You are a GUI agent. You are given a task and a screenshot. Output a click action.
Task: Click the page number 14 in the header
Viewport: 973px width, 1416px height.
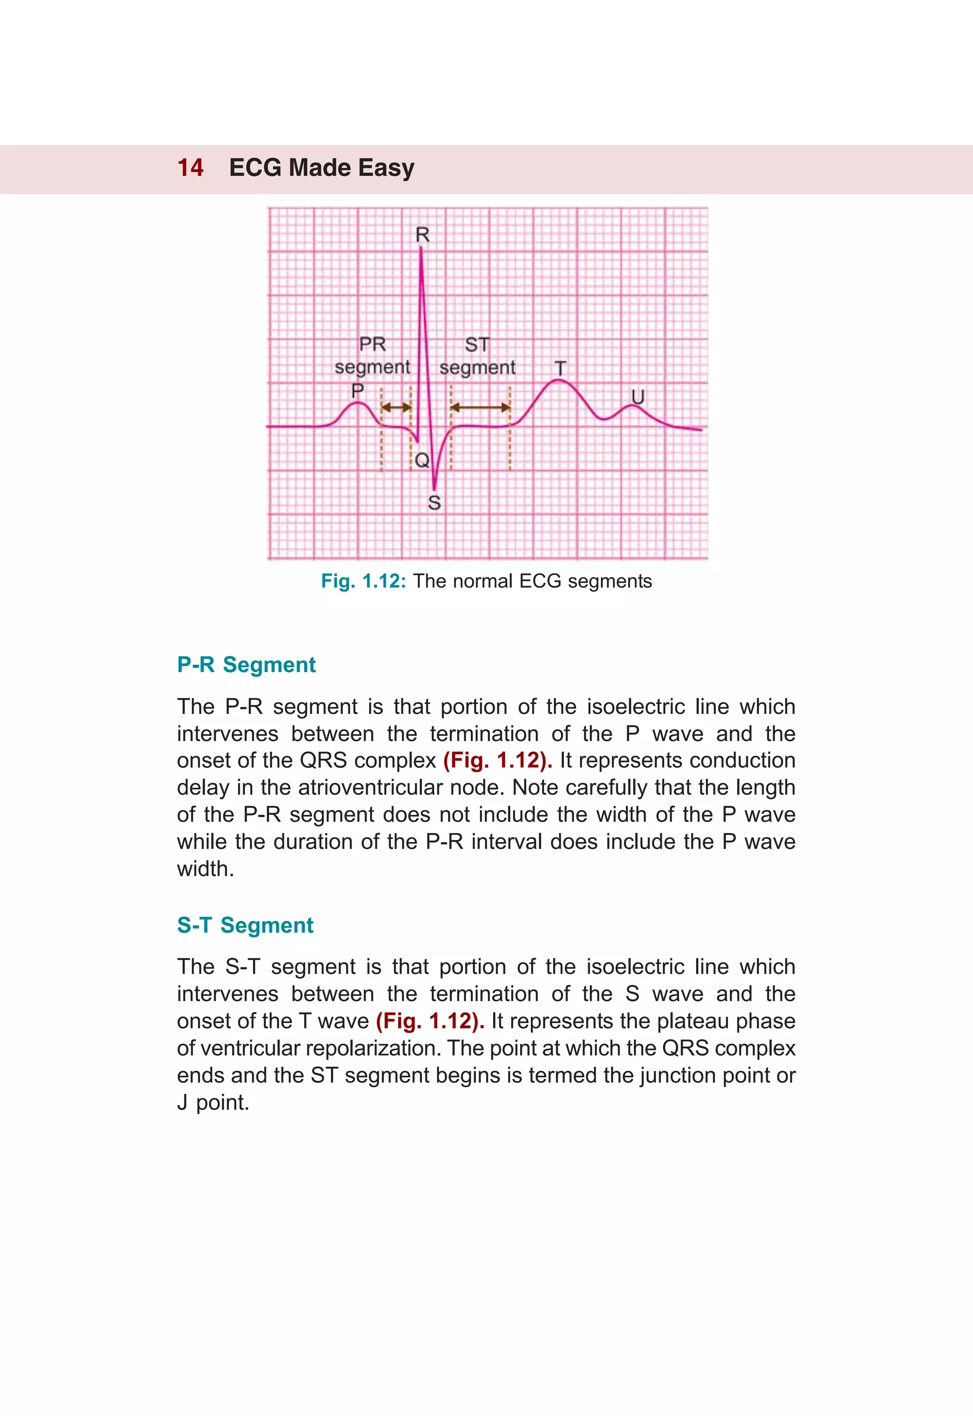pyautogui.click(x=190, y=168)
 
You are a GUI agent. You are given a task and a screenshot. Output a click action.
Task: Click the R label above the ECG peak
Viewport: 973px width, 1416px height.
pyautogui.click(x=422, y=235)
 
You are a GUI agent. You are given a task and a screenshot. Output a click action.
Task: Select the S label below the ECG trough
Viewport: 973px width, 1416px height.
pyautogui.click(x=434, y=503)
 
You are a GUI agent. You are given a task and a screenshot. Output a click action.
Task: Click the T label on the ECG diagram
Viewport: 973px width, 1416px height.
pyautogui.click(x=560, y=368)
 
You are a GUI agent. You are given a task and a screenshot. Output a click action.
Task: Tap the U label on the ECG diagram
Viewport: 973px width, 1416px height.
pyautogui.click(x=638, y=397)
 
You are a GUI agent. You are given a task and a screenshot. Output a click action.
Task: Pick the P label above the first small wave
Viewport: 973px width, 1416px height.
pyautogui.click(x=358, y=390)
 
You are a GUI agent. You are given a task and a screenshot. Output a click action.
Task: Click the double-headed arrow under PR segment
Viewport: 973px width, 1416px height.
pyautogui.click(x=396, y=407)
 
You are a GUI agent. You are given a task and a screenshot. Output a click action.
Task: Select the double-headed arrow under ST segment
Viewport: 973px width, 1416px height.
pyautogui.click(x=480, y=407)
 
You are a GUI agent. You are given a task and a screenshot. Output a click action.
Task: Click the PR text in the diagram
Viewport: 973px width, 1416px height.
pyautogui.click(x=372, y=345)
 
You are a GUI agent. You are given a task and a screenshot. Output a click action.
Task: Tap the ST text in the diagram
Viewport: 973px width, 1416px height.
pyautogui.click(x=477, y=345)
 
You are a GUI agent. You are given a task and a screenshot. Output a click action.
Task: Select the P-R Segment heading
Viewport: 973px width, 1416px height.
pyautogui.click(x=246, y=665)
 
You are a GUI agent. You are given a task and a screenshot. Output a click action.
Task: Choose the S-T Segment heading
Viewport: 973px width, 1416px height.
pyautogui.click(x=245, y=925)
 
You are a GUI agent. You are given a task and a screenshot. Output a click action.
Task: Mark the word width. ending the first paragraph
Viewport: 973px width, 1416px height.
pyautogui.click(x=205, y=868)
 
